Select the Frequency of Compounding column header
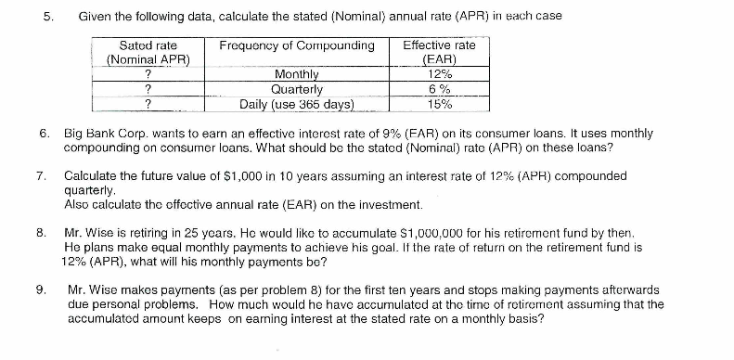(x=297, y=45)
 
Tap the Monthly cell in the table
(x=297, y=75)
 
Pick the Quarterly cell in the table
(x=297, y=89)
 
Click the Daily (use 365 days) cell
(x=297, y=103)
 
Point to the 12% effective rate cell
(x=440, y=75)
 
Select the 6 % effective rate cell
(x=440, y=89)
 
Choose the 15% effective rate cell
(x=440, y=103)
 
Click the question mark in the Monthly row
(x=148, y=75)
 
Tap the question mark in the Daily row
(x=148, y=103)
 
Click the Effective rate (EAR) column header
(x=440, y=52)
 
